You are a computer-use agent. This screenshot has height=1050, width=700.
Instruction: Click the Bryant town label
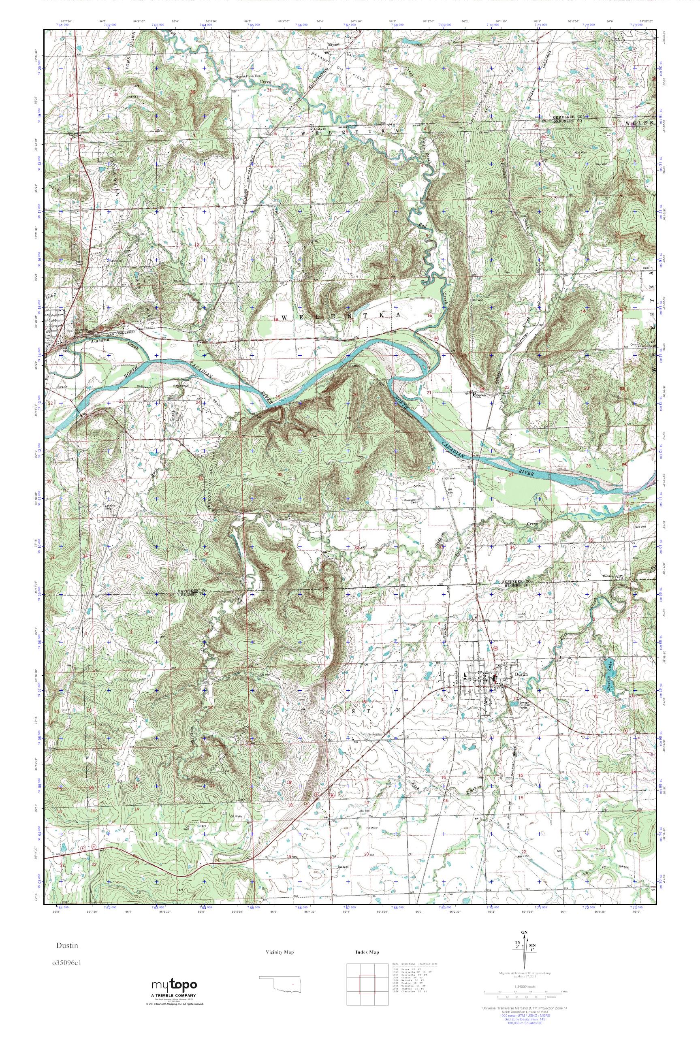click(x=334, y=45)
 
